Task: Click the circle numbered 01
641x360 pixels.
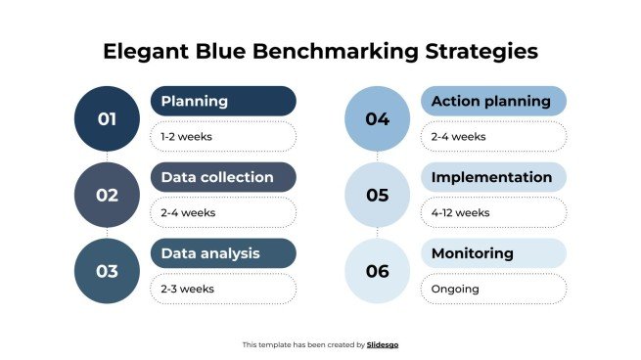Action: click(107, 118)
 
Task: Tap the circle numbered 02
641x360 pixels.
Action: click(107, 195)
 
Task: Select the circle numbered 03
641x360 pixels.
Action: click(107, 271)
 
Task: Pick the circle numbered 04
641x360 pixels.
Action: click(378, 118)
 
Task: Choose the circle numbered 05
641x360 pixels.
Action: click(378, 195)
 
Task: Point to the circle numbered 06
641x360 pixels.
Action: click(378, 271)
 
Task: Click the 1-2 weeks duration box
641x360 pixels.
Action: click(223, 136)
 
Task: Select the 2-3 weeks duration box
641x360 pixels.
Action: click(223, 289)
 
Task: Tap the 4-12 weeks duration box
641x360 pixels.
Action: click(493, 212)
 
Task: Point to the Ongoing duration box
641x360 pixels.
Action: click(493, 289)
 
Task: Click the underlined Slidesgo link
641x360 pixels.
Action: click(383, 344)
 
